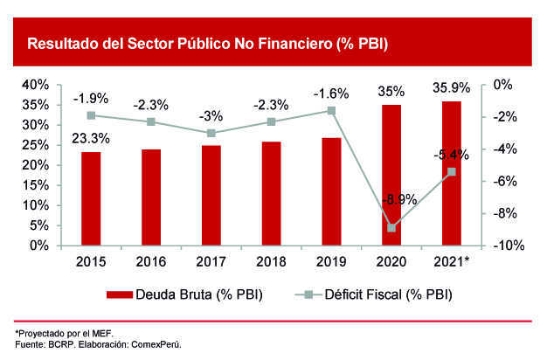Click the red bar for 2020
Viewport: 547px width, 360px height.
pyautogui.click(x=391, y=175)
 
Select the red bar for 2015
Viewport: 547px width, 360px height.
pyautogui.click(x=91, y=198)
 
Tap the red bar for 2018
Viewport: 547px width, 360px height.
pyautogui.click(x=272, y=193)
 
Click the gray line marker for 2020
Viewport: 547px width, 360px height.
pyautogui.click(x=391, y=228)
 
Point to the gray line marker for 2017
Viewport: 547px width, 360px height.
pyautogui.click(x=211, y=133)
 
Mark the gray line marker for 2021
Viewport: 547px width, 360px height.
pyautogui.click(x=452, y=171)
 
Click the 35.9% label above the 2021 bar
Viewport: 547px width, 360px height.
pyautogui.click(x=452, y=88)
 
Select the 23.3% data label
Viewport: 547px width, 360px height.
pyautogui.click(x=91, y=138)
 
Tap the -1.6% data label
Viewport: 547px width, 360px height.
pyautogui.click(x=331, y=93)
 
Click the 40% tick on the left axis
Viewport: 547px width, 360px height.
pyautogui.click(x=35, y=85)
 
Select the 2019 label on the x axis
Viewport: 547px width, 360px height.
pyautogui.click(x=331, y=261)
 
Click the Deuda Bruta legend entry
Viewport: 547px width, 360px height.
pyautogui.click(x=185, y=294)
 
